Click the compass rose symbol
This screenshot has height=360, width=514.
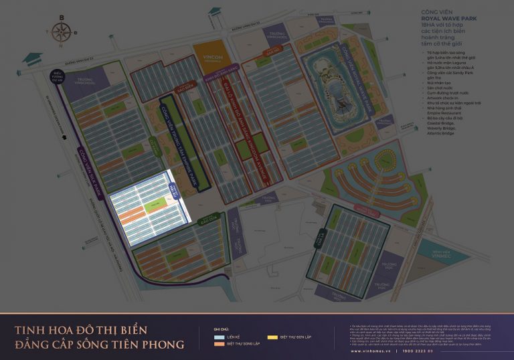point(61,30)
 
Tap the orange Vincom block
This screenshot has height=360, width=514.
point(210,55)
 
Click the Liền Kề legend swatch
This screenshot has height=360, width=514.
point(219,338)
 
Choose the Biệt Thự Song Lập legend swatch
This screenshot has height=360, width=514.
point(219,345)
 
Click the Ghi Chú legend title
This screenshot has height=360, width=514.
point(220,330)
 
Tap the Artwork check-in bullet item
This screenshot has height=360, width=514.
point(438,99)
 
